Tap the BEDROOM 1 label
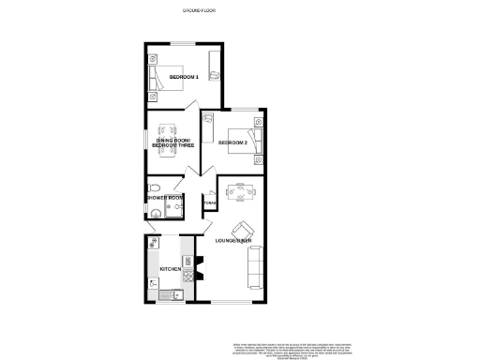pyautogui.click(x=183, y=76)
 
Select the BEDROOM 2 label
pyautogui.click(x=232, y=143)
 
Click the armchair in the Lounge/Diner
pyautogui.click(x=242, y=228)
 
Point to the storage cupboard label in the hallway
pyautogui.click(x=210, y=202)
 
